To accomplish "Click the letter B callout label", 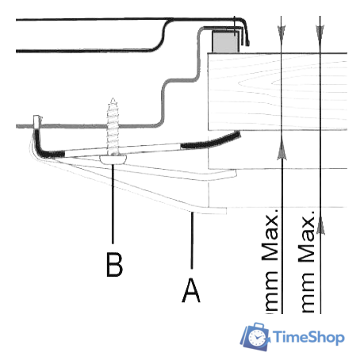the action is coord(114,265).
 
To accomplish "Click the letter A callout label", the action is coord(191,290).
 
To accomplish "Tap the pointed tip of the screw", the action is coord(113,99).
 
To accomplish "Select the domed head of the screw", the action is coord(113,159).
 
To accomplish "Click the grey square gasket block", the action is coord(226,41).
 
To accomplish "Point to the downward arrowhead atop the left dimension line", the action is coord(282,33).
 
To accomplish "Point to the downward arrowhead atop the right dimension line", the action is coord(320,33).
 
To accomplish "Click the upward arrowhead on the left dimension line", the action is coord(282,151).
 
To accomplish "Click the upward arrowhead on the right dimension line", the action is coord(320,225).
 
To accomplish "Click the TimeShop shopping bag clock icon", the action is coord(255,336).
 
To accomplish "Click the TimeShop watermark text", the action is coord(308,337).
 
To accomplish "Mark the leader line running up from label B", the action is coord(113,204).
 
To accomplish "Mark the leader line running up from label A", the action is coord(192,240).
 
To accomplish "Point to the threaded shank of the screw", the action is coord(113,127).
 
